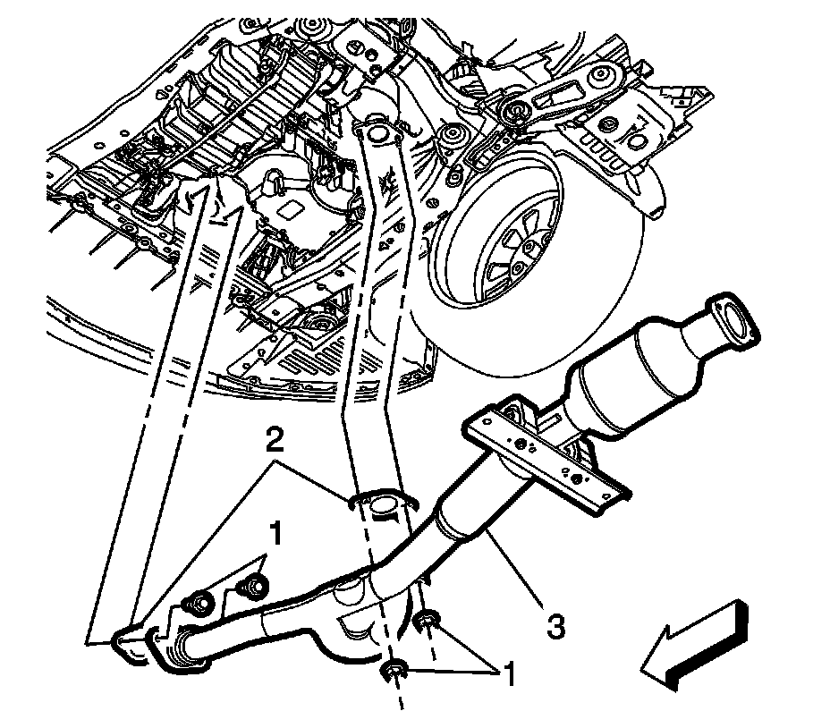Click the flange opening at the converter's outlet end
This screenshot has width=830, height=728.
pyautogui.click(x=736, y=319)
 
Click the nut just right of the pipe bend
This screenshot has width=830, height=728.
pyautogui.click(x=428, y=619)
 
